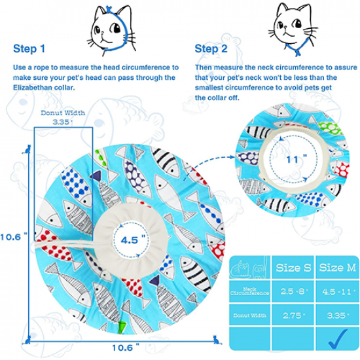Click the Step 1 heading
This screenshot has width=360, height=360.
pyautogui.click(x=29, y=48)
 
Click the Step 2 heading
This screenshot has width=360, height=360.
pyautogui.click(x=211, y=48)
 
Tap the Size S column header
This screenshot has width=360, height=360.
pyautogui.click(x=293, y=268)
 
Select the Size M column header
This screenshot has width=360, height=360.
pyautogui.click(x=337, y=268)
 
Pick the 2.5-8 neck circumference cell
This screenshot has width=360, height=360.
pyautogui.click(x=293, y=291)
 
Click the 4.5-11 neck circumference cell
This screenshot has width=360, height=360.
pyautogui.click(x=337, y=291)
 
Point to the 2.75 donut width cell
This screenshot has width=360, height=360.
pyautogui.click(x=293, y=315)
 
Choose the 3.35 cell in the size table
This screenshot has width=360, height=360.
pyautogui.click(x=337, y=315)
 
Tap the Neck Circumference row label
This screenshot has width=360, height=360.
pyautogui.click(x=249, y=291)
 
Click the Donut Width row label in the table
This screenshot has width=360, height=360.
pyautogui.click(x=250, y=315)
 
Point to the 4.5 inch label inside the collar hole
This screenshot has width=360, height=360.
pyautogui.click(x=132, y=240)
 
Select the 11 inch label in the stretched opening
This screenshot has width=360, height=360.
pyautogui.click(x=296, y=159)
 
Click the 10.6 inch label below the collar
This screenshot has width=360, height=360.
pyautogui.click(x=126, y=348)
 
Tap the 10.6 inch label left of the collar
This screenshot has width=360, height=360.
pyautogui.click(x=14, y=237)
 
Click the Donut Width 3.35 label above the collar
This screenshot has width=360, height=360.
pyautogui.click(x=63, y=117)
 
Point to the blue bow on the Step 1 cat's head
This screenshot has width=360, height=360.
pyautogui.click(x=109, y=10)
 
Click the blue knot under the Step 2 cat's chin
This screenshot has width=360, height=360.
pyautogui.click(x=298, y=52)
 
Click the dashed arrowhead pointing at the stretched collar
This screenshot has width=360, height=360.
pyautogui.click(x=232, y=157)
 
